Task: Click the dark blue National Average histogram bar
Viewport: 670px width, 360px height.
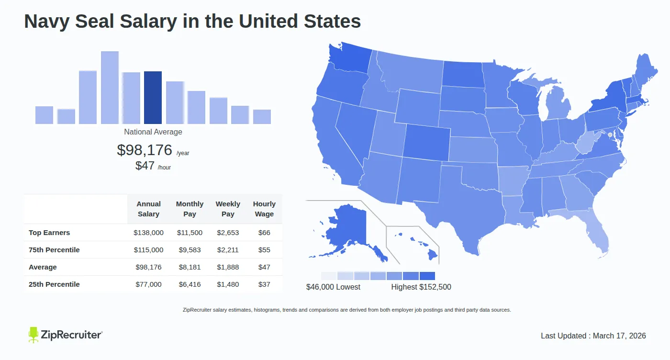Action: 153,98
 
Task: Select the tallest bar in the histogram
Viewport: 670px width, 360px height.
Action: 110,88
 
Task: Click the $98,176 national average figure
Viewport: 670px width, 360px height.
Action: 145,150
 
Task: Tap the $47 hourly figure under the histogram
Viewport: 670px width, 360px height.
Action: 145,166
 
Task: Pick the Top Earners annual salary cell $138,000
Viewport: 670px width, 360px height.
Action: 148,233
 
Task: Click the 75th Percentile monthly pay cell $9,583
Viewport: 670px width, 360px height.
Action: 190,250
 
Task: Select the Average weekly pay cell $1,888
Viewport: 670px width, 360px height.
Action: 228,267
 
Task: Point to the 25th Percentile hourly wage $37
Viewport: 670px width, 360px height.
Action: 264,284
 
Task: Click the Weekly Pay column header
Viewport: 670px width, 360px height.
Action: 228,209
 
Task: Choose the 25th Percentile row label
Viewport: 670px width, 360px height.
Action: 54,284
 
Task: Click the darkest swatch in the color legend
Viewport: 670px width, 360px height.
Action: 427,276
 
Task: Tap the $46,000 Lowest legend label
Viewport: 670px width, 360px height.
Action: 333,287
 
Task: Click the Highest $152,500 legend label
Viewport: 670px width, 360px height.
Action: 421,287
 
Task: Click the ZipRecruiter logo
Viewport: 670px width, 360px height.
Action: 65,335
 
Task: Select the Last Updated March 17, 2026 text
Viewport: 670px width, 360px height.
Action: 593,336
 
